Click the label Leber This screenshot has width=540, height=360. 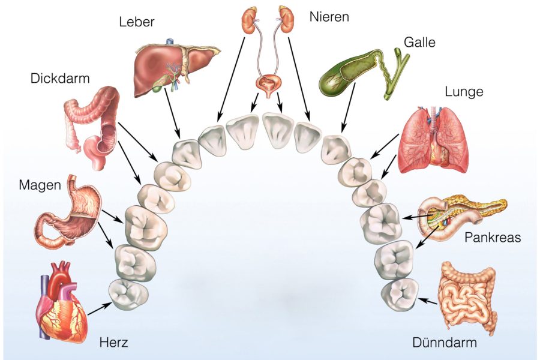click(x=137, y=23)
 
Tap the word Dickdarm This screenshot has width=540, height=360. click(x=60, y=78)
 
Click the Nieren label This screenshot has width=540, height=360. click(x=329, y=16)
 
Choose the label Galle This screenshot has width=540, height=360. click(x=419, y=43)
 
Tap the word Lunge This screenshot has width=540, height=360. click(x=464, y=92)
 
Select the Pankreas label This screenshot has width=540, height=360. click(x=493, y=237)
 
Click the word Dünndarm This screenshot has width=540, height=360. click(x=445, y=343)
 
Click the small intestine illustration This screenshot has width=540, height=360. click(x=468, y=297)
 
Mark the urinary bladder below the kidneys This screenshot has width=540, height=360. click(x=268, y=85)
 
